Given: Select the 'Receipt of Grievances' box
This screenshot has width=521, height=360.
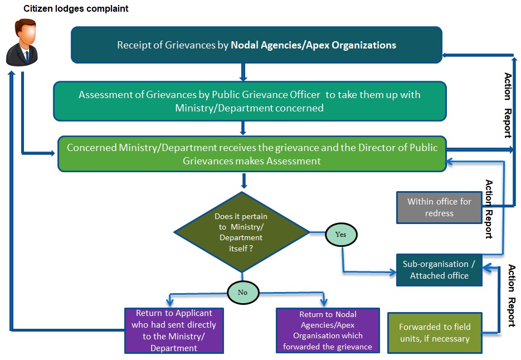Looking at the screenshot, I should point(256,45).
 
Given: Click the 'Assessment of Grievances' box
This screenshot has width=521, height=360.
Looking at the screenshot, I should point(250,101).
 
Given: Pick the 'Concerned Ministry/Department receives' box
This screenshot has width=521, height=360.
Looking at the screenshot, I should point(252,154).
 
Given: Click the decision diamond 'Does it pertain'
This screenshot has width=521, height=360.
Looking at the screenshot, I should point(241,232).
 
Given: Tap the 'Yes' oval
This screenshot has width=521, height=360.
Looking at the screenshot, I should point(340,235).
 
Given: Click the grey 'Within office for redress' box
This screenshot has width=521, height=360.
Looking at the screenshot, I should point(439,207).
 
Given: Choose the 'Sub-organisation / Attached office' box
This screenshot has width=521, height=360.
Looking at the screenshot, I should point(439,270).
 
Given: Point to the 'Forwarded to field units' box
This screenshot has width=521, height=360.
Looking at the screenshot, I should point(435,332).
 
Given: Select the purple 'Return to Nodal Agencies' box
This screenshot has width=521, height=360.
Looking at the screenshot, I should point(327,330).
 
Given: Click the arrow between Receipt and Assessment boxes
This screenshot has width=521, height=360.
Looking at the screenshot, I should point(243,72).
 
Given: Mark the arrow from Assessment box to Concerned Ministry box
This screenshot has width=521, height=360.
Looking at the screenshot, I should point(243,128).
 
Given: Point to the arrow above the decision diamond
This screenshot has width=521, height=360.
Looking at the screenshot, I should point(243,181).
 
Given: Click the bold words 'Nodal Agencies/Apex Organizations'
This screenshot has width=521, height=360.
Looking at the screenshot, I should point(314,45).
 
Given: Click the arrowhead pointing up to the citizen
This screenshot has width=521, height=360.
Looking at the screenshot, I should point(11,74).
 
